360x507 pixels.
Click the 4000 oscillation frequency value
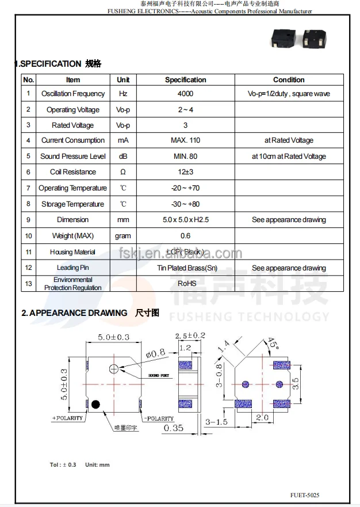click(185, 94)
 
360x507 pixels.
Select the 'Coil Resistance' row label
click(73, 172)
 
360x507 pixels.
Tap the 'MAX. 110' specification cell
click(185, 140)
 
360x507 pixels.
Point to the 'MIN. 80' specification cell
click(185, 157)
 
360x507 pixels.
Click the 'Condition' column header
click(289, 80)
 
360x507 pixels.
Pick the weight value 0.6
click(185, 236)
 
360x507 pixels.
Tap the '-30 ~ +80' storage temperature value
click(185, 204)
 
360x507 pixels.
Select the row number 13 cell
click(28, 283)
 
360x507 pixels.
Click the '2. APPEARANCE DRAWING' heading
click(74, 313)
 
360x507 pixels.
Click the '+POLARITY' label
click(67, 418)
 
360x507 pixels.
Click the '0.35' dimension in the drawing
click(174, 428)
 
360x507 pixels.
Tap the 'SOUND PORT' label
click(159, 375)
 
